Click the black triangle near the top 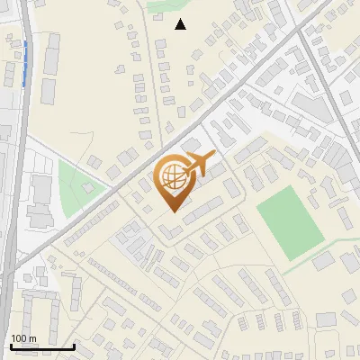[x=181, y=24]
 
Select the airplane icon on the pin [x=200, y=164]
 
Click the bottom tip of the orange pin [x=174, y=211]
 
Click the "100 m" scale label [x=24, y=337]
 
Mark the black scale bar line [x=42, y=346]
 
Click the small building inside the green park [x=87, y=188]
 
